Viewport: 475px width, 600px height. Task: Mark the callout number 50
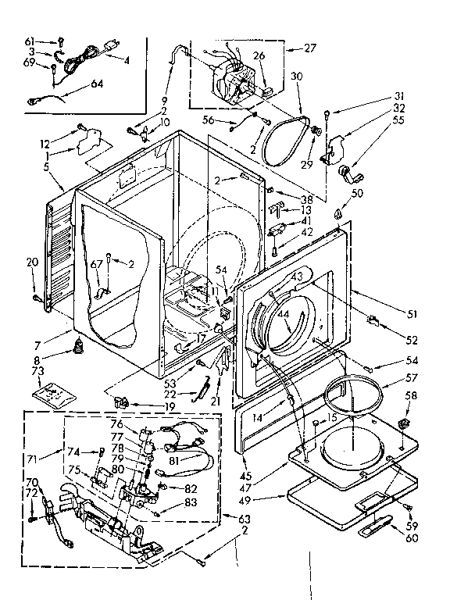click(357, 192)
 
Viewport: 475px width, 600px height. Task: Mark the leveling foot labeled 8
click(79, 345)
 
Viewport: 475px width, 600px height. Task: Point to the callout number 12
click(45, 143)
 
